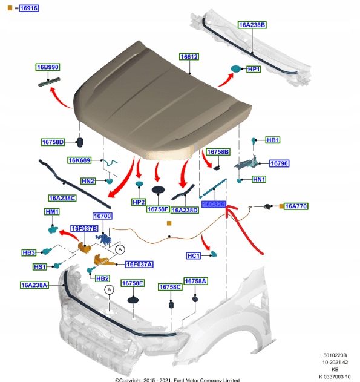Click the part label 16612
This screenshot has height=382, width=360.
pyautogui.click(x=189, y=56)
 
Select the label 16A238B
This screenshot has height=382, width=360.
pyautogui.click(x=252, y=25)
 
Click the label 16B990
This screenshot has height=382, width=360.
pyautogui.click(x=47, y=67)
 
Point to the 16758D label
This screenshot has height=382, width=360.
pyautogui.click(x=53, y=142)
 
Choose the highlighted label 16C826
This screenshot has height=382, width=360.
pyautogui.click(x=214, y=205)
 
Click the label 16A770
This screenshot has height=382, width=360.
pyautogui.click(x=296, y=206)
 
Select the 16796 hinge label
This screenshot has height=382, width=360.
pyautogui.click(x=279, y=163)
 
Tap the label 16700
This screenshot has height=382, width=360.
pyautogui.click(x=102, y=216)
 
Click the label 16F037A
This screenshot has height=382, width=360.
pyautogui.click(x=139, y=264)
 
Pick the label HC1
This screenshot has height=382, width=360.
pyautogui.click(x=194, y=256)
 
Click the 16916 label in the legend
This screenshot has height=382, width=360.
pyautogui.click(x=28, y=8)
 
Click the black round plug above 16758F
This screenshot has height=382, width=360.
pyautogui.click(x=159, y=190)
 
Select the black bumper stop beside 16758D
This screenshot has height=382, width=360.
pyautogui.click(x=79, y=142)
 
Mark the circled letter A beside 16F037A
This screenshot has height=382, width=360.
pyautogui.click(x=120, y=249)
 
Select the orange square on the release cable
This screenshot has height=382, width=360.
pyautogui.click(x=169, y=223)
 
